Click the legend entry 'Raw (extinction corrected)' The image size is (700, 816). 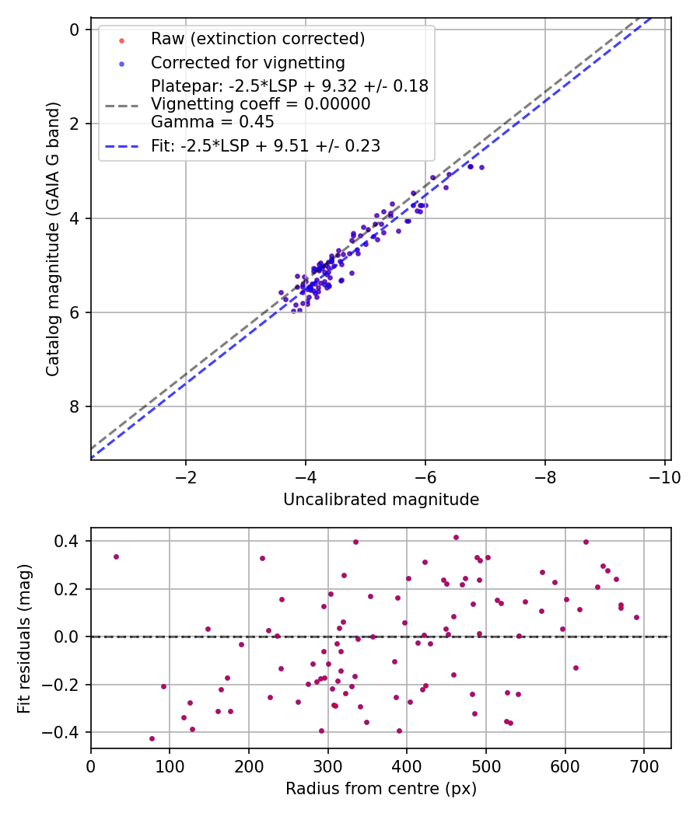pyautogui.click(x=257, y=39)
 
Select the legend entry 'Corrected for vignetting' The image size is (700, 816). pyautogui.click(x=248, y=62)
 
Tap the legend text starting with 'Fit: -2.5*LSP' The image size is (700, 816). pyautogui.click(x=265, y=145)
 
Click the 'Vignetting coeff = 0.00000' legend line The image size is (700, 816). pyautogui.click(x=261, y=104)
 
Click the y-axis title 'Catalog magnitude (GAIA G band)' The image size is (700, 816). pyautogui.click(x=52, y=242)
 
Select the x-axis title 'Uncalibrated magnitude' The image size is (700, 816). pyautogui.click(x=381, y=500)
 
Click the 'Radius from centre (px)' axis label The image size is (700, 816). pyautogui.click(x=381, y=789)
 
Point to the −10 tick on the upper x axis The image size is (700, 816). pyautogui.click(x=665, y=476)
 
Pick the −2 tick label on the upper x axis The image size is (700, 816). pyautogui.click(x=186, y=476)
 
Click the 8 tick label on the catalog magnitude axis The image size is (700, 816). pyautogui.click(x=75, y=407)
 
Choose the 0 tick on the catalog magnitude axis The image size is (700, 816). pyautogui.click(x=75, y=30)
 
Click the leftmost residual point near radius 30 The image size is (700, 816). pyautogui.click(x=116, y=556)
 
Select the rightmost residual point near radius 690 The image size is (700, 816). pyautogui.click(x=636, y=617)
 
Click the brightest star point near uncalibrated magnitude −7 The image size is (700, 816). pyautogui.click(x=481, y=167)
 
